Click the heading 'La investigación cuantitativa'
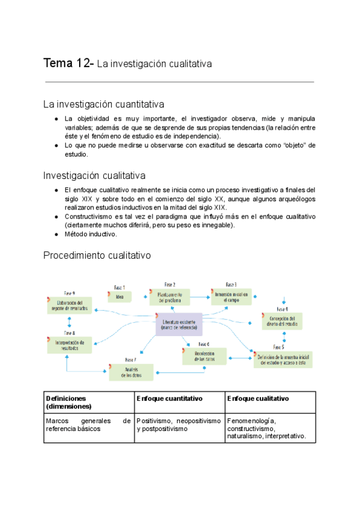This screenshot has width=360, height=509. pos(104,104)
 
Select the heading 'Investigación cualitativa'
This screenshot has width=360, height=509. pos(94,175)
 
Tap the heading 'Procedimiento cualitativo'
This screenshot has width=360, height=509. pos(97,255)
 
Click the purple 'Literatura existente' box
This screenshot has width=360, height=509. pos(179,325)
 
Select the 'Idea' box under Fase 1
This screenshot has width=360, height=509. pos(120,296)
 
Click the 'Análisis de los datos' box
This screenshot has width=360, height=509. pos(131,372)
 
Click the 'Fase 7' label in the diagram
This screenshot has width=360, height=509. pos(131,360)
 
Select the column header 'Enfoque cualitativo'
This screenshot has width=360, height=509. pos(258,399)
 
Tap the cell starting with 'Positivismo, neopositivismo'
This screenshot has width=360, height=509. pos(179,425)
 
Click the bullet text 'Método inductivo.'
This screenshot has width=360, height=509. pos(91,234)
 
